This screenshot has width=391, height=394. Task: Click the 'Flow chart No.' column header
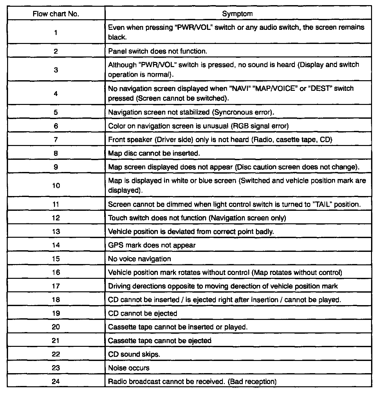click(x=56, y=14)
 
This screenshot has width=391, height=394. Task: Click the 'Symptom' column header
click(x=237, y=14)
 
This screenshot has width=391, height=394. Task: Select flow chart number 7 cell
click(x=56, y=140)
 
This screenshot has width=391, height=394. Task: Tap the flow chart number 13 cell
click(x=56, y=231)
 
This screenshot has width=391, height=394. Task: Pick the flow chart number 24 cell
click(x=56, y=381)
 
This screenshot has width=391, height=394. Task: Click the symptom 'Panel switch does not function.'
click(x=158, y=51)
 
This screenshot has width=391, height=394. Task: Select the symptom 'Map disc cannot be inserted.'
click(x=154, y=153)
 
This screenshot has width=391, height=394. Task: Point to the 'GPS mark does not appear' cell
click(x=152, y=245)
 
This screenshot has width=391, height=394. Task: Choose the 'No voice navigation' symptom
click(x=140, y=259)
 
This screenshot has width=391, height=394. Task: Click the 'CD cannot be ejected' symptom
click(x=143, y=313)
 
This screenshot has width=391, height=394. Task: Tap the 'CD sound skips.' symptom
click(x=134, y=354)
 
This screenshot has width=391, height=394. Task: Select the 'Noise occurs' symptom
click(x=129, y=368)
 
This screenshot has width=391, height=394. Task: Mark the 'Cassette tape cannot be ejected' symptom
click(x=159, y=341)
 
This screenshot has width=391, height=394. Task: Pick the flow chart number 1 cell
click(x=56, y=32)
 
